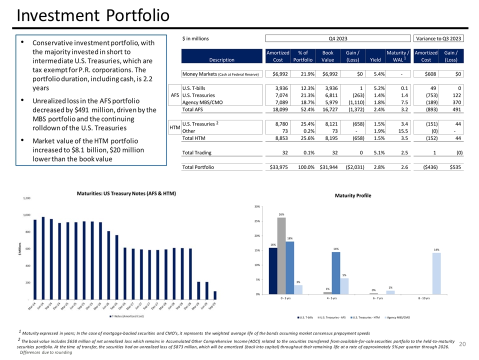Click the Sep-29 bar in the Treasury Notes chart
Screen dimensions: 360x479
click(x=215, y=295)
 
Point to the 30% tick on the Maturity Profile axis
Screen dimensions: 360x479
click(x=256, y=206)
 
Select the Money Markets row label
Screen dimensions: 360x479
click(x=221, y=74)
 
